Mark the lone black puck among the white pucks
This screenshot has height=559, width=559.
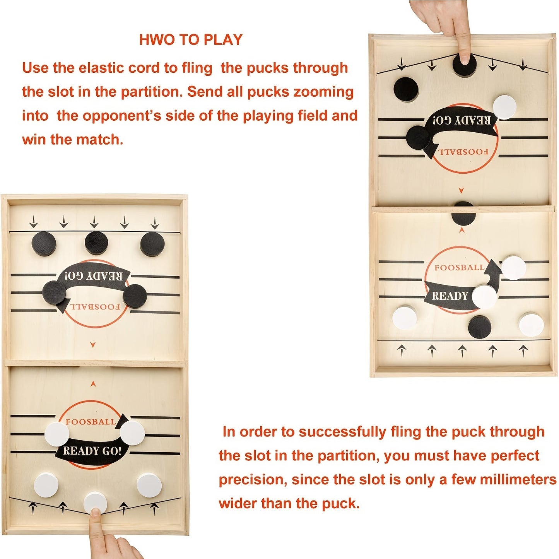click(x=480, y=327)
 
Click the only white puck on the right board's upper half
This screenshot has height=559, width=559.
click(x=504, y=107)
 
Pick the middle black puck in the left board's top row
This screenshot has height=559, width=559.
click(x=96, y=243)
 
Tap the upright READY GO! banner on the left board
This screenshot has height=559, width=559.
click(x=92, y=451)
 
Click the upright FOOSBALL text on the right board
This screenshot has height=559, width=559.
click(x=459, y=267)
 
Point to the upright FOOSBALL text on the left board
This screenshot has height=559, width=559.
click(x=91, y=422)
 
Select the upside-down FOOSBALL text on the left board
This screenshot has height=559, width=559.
click(x=95, y=307)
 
